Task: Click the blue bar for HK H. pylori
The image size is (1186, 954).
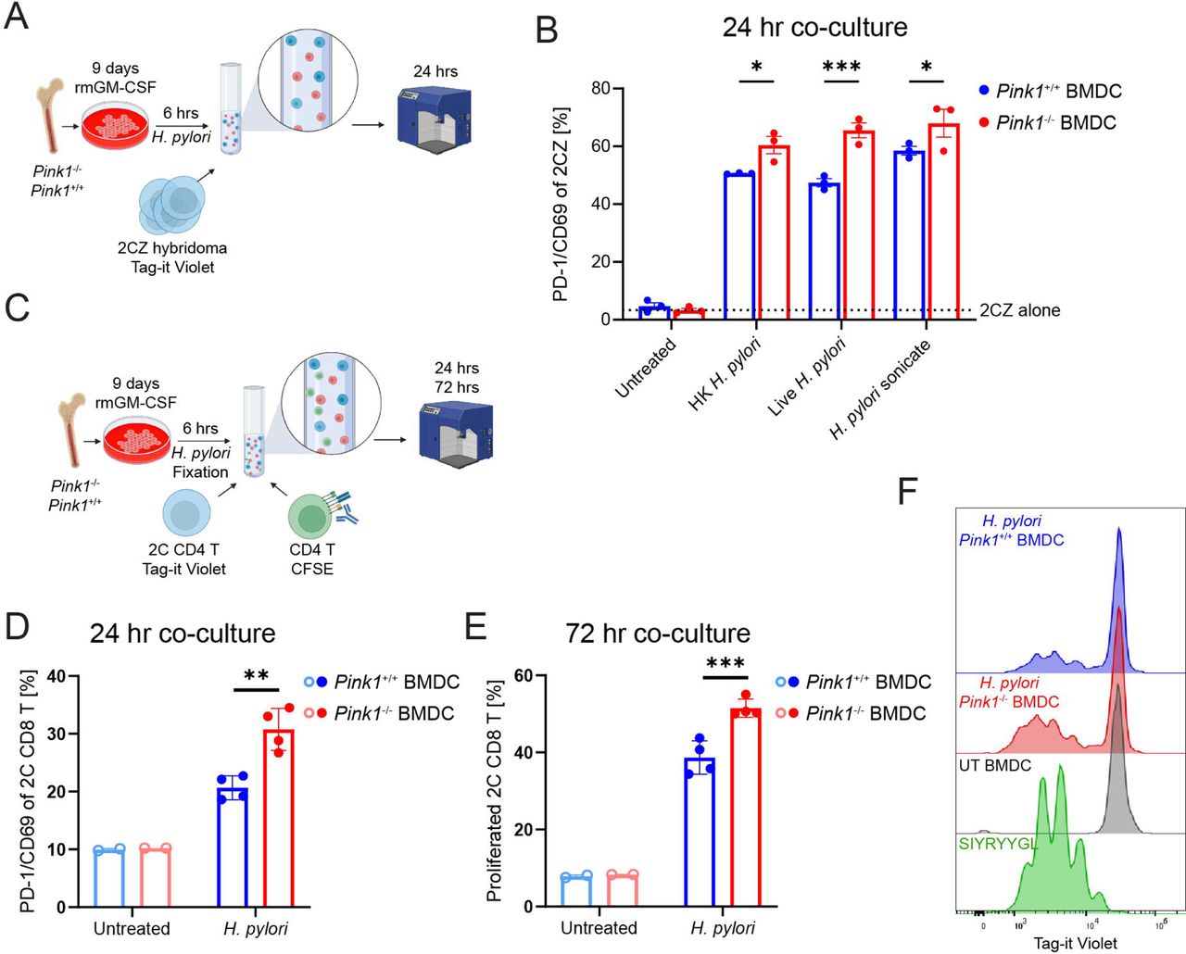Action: [x=738, y=245]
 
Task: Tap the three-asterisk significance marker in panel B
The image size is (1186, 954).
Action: [x=841, y=67]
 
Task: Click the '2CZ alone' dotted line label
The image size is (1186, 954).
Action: [x=1019, y=310]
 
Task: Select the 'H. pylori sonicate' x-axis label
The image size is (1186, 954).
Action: [x=881, y=389]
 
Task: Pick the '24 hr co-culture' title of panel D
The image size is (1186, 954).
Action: [x=183, y=634]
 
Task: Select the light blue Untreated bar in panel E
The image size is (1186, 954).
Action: [x=576, y=890]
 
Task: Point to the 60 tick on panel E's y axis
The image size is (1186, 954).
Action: [x=523, y=675]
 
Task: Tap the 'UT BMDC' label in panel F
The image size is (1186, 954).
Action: [x=994, y=766]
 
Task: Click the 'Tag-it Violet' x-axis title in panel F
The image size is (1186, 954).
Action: [x=1075, y=943]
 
